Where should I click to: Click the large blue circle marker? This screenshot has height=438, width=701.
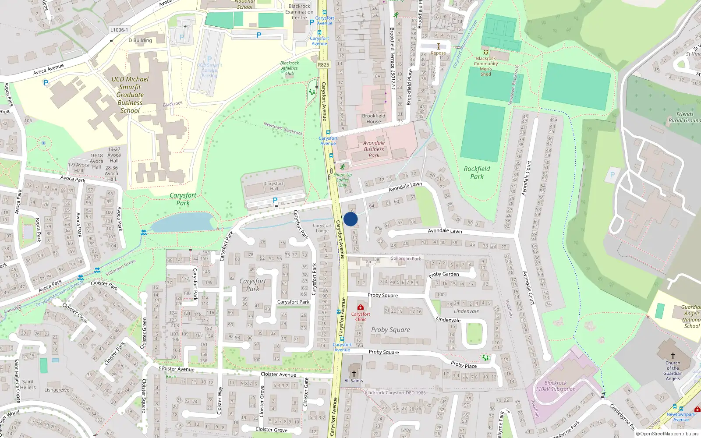350,219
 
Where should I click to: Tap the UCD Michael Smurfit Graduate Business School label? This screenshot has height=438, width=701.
130,95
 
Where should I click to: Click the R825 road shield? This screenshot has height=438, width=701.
323,64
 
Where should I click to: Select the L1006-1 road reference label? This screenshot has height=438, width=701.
119,30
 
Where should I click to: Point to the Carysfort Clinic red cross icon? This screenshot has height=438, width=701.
361,307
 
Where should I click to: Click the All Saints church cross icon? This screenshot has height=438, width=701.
354,374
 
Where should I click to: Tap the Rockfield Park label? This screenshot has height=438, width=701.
477,173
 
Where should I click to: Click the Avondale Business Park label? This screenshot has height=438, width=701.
374,149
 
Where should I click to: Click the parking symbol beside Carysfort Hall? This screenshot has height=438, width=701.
275,200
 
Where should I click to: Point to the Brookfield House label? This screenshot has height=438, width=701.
374,119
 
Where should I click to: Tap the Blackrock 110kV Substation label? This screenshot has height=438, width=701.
556,386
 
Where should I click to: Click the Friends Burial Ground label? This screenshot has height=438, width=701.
684,117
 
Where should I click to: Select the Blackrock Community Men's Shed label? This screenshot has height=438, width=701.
485,66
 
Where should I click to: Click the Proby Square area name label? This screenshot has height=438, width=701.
390,330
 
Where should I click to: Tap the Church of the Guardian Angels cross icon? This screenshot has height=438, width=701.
673,356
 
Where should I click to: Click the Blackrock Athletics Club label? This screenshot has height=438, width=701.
290,68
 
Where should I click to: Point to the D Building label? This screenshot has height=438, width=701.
140,40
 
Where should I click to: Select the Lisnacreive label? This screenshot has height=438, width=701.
57,390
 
